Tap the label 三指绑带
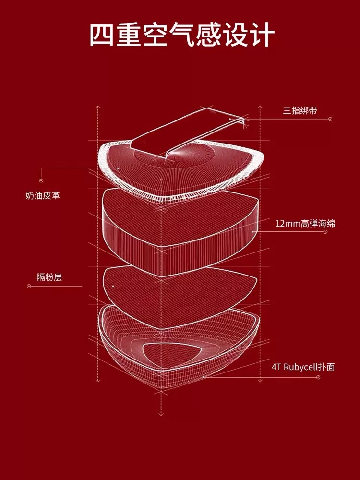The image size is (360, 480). [x=300, y=111]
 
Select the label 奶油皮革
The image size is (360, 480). [x=43, y=195]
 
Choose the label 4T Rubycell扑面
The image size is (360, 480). [x=303, y=367]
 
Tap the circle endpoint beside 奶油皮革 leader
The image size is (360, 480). [x=41, y=180]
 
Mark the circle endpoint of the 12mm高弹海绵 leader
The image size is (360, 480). [x=325, y=231]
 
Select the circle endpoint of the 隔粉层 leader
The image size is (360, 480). [x=29, y=286]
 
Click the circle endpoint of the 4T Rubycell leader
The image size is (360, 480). [x=318, y=377]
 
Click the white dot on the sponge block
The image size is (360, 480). [x=253, y=231]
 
